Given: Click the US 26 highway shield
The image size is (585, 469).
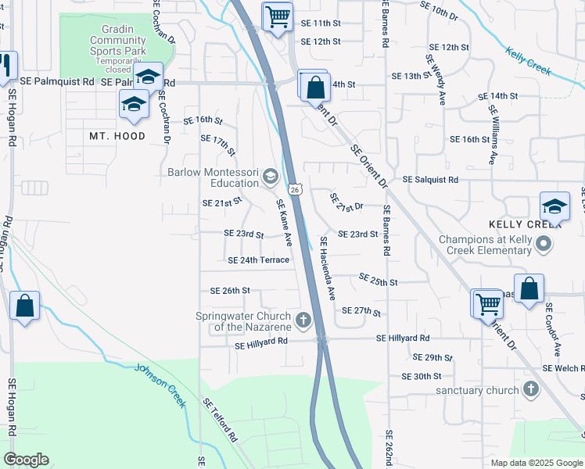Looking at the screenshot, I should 294,189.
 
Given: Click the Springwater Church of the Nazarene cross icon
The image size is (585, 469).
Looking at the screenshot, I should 303,320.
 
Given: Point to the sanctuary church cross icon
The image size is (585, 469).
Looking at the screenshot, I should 530,389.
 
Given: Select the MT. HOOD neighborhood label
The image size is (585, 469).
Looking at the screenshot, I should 117,136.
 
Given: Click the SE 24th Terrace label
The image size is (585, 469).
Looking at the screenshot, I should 258,260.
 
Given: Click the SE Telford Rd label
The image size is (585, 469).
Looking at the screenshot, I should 220,422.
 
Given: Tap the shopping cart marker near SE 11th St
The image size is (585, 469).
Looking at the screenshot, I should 278,16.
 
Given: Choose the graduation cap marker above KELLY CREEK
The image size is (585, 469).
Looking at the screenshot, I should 554,207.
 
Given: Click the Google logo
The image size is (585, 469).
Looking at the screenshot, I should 26,460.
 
